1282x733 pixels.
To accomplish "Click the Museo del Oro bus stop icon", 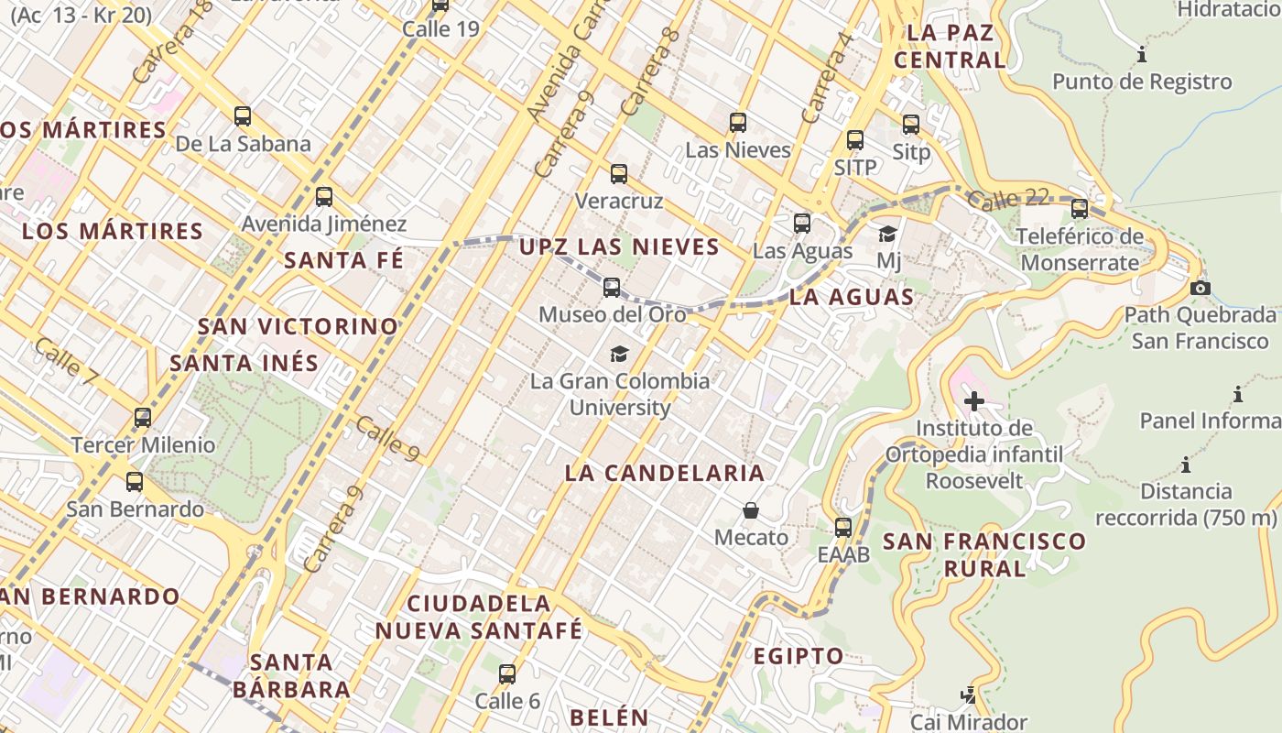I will (612, 288).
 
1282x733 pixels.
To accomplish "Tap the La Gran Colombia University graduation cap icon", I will (620, 354).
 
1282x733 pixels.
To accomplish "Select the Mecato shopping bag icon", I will (751, 510).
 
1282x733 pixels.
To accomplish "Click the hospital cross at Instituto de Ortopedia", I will (974, 400).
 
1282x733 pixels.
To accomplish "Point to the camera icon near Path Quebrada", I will (1200, 288).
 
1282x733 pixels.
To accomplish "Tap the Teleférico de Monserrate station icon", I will (1080, 209).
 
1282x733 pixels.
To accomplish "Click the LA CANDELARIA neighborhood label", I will (664, 473).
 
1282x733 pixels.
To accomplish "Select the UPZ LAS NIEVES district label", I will (619, 246).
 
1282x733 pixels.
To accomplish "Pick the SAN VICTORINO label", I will (299, 326).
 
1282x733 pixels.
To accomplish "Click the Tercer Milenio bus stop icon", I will (143, 418).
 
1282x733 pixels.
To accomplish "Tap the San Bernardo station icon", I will (135, 482).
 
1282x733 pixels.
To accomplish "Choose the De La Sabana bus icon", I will (243, 116).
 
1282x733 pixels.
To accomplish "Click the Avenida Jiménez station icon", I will (323, 196).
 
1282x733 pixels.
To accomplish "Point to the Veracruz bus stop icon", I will (619, 173).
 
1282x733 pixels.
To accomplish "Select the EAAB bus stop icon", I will (843, 528).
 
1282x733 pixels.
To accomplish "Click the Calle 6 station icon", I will (506, 674).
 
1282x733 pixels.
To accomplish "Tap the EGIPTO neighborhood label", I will (799, 656).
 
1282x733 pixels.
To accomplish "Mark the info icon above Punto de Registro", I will (1142, 55).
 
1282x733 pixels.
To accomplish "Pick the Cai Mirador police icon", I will (969, 695).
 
